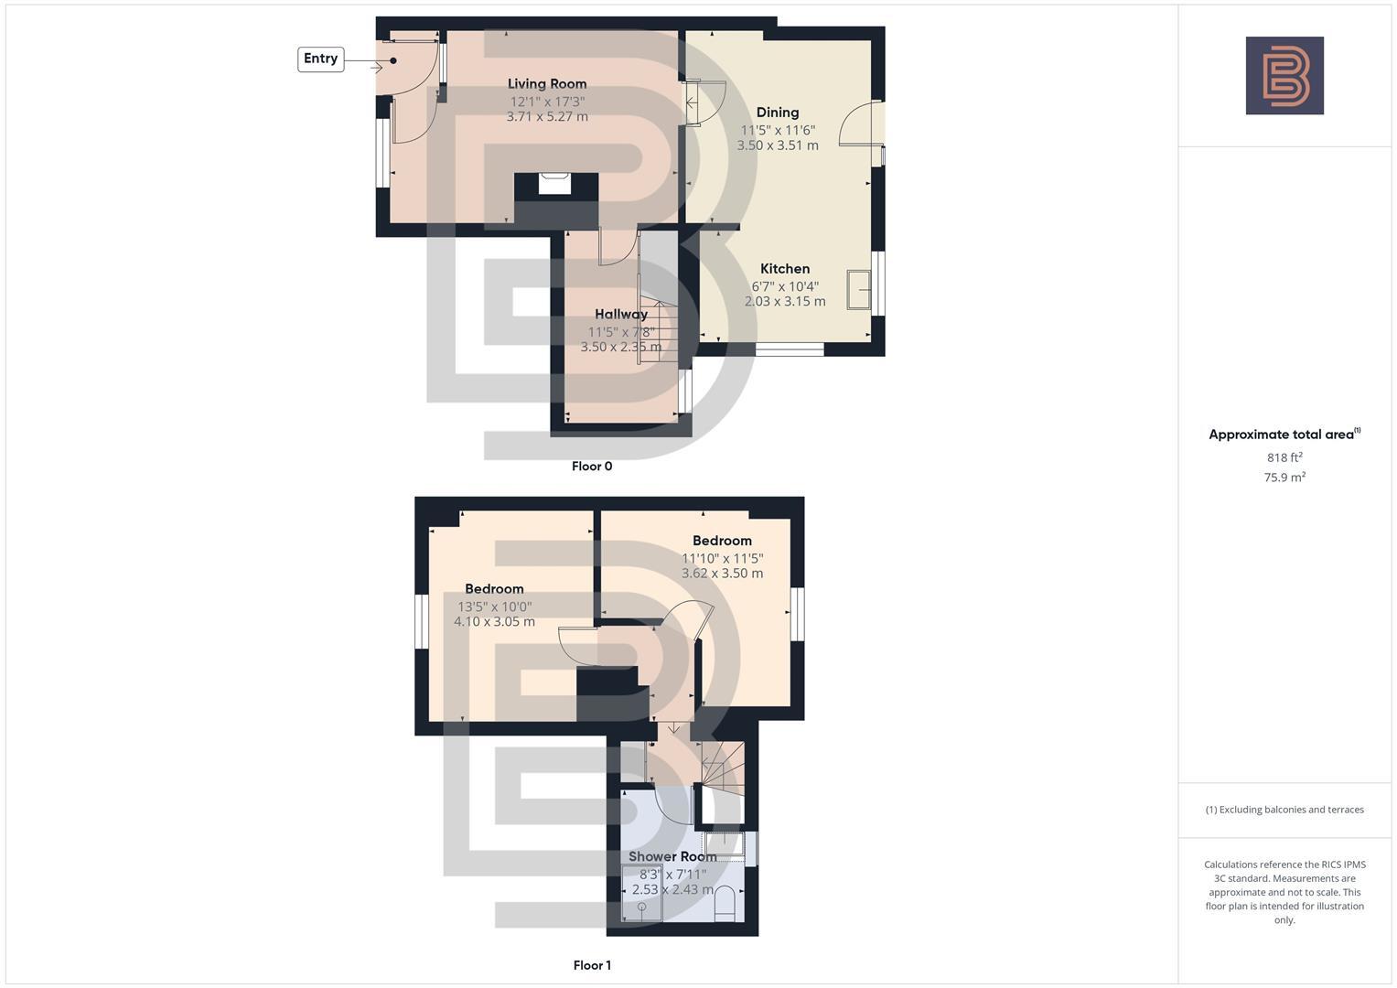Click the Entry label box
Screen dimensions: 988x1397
tap(320, 59)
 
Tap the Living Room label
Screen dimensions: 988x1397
tap(547, 83)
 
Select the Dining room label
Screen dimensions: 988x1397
tap(777, 113)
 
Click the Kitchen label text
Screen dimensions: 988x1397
tap(785, 268)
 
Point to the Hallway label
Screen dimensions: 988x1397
tap(620, 314)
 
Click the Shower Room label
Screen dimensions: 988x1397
tap(672, 856)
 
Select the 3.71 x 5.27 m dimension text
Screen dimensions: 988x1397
tap(547, 117)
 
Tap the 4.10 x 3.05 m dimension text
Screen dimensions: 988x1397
tap(494, 622)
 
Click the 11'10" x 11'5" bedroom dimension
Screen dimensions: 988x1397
tap(722, 558)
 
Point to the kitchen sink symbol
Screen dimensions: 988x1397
tap(858, 290)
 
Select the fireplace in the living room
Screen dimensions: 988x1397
tap(554, 184)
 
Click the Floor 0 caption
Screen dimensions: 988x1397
tap(592, 466)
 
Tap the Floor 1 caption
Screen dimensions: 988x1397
tap(592, 965)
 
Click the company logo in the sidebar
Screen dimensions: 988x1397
tap(1284, 75)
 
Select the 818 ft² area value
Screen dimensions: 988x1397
tap(1284, 457)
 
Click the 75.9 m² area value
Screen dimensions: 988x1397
tap(1284, 477)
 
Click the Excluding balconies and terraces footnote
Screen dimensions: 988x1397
tap(1284, 810)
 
